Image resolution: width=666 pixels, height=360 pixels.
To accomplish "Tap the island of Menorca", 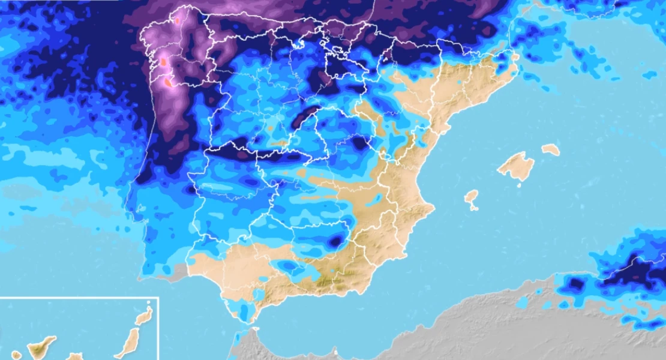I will click(x=550, y=149).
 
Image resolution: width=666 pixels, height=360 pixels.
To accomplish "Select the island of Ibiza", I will click(x=472, y=197).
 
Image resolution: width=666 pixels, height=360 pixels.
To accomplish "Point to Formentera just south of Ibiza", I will click(x=474, y=209).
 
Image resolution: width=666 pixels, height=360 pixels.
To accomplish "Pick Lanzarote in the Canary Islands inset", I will click(x=143, y=317).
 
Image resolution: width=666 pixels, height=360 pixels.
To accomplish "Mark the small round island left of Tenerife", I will click(x=16, y=355).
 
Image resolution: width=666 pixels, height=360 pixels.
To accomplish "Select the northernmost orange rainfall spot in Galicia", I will click(x=177, y=20).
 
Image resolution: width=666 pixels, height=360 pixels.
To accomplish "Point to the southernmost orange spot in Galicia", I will click(x=169, y=83).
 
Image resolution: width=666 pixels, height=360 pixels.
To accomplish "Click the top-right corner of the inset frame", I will click(x=158, y=298).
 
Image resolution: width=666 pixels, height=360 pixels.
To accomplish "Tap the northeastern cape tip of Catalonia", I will click(x=517, y=56).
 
